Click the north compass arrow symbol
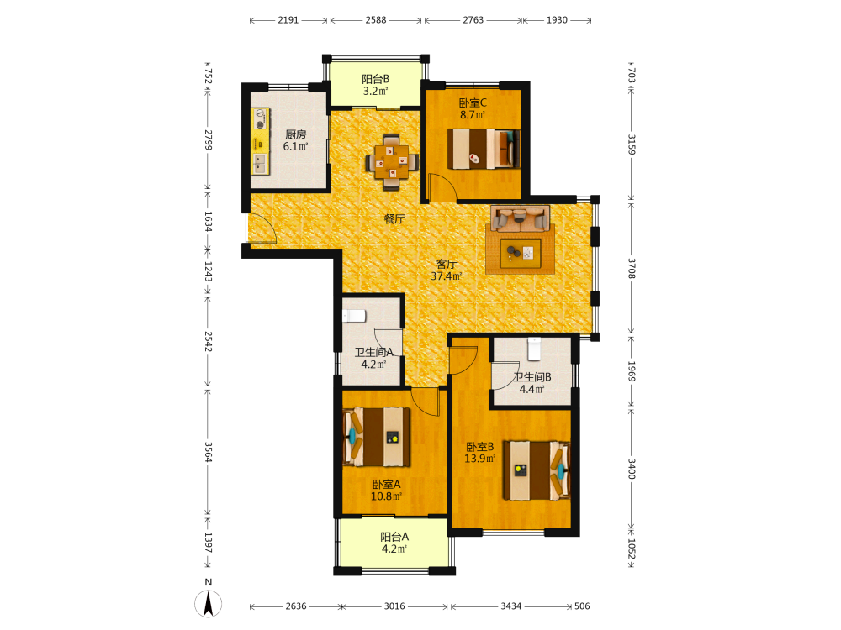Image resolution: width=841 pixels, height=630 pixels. (x=208, y=604)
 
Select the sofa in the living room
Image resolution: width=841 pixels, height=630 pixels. (x=521, y=218)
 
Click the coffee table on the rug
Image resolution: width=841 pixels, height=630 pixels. (x=521, y=254)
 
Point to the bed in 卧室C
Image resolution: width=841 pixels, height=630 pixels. (x=484, y=149)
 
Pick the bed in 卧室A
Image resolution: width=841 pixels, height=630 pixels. (x=377, y=437)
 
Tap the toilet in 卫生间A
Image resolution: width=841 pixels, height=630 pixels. (x=354, y=316)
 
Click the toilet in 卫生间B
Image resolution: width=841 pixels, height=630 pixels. (x=534, y=349)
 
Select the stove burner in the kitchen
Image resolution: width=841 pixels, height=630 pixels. (x=261, y=118)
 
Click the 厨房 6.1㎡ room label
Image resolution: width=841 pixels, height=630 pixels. (x=295, y=140)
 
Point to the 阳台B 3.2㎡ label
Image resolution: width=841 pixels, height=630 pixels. (x=375, y=85)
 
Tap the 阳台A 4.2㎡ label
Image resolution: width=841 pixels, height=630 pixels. (x=394, y=543)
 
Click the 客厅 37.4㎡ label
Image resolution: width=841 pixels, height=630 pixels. (x=447, y=270)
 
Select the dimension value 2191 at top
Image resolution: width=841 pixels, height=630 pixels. (x=288, y=20)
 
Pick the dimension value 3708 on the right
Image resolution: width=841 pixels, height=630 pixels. (x=632, y=268)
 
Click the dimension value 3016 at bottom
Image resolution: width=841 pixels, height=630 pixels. (x=394, y=606)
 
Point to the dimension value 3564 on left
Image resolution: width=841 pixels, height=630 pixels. (x=208, y=452)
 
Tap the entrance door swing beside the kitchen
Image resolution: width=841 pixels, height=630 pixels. (x=262, y=228)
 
